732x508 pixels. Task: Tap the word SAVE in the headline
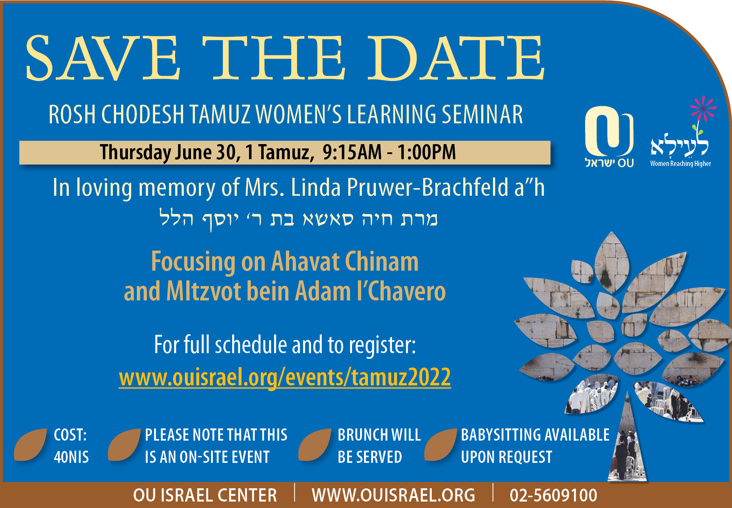tap(103, 58)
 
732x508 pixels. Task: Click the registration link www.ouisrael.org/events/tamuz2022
tap(285, 378)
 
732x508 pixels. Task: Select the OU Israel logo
tap(609, 137)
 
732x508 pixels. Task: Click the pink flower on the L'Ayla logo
tap(703, 108)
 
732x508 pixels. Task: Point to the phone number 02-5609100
tap(554, 495)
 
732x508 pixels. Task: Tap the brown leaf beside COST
tap(31, 445)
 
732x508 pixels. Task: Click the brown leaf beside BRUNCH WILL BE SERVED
tap(315, 445)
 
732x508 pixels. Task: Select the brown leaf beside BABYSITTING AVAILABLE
tap(441, 445)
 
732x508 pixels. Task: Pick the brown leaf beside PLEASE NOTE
tap(124, 445)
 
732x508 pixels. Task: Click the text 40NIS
tap(71, 457)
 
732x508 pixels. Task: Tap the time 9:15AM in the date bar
tap(352, 152)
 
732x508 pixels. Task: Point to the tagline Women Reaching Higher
tap(680, 163)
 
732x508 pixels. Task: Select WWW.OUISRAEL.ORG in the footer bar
tap(393, 495)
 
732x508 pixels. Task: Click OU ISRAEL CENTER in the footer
tap(205, 495)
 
